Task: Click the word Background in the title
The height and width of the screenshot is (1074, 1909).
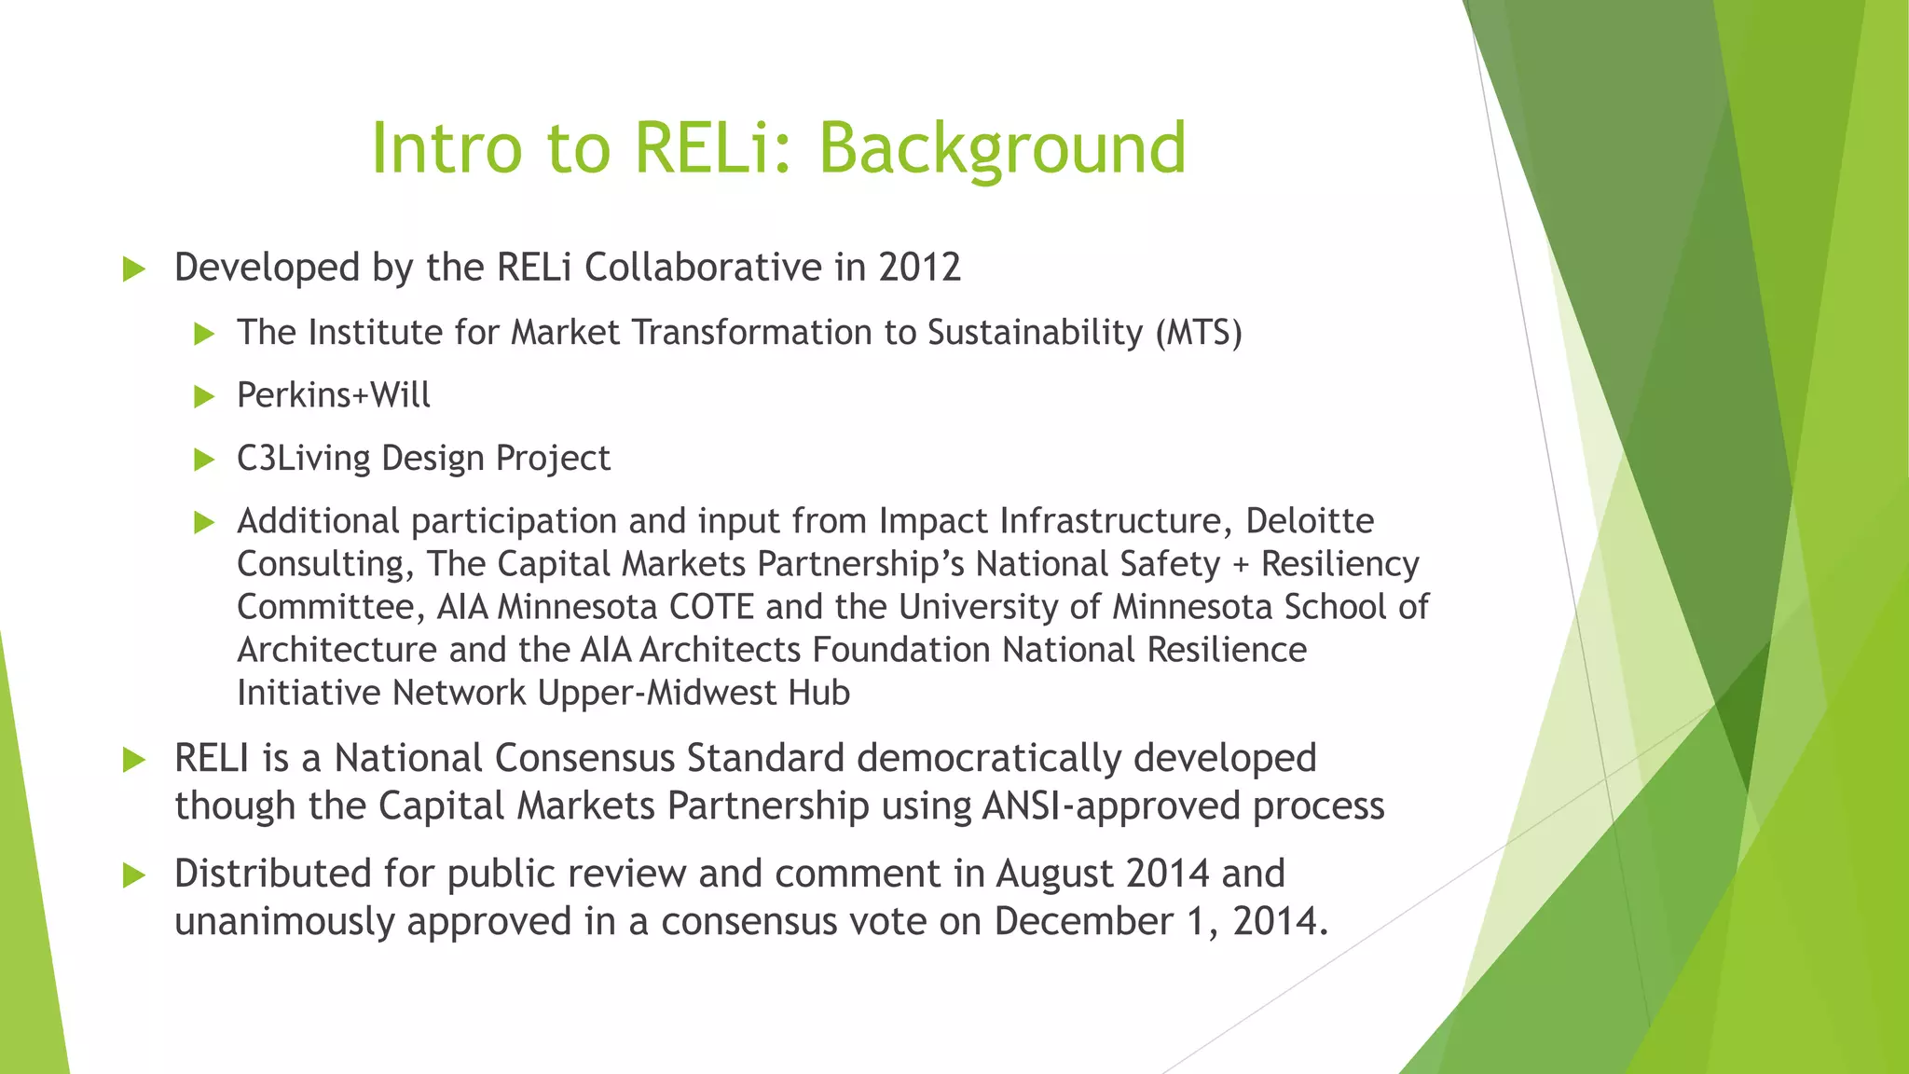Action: (1002, 149)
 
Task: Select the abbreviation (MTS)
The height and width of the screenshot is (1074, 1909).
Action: (1199, 333)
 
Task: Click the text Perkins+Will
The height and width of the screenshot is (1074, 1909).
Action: (333, 395)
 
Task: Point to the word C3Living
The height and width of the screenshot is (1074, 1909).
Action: (303, 459)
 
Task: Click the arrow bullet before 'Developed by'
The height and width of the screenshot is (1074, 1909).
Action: (134, 270)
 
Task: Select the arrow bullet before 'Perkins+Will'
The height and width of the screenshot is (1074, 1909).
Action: (204, 397)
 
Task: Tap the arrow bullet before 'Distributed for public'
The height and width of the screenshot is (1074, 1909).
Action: (134, 875)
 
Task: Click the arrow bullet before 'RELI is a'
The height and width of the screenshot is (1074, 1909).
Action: (134, 761)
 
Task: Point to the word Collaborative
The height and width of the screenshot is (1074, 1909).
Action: (703, 268)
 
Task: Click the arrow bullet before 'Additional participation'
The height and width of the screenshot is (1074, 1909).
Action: (204, 523)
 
